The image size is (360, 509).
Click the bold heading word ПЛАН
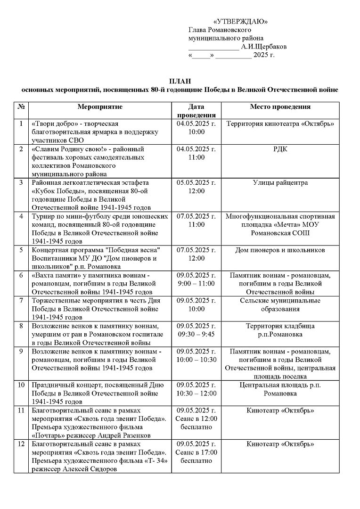click(x=180, y=81)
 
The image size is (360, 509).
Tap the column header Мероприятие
click(x=100, y=107)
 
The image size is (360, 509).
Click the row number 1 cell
click(x=21, y=124)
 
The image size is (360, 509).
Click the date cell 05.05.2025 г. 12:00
click(x=196, y=187)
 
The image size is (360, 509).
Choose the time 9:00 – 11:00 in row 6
click(x=196, y=284)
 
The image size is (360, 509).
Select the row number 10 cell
click(x=21, y=385)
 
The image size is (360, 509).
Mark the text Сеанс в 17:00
click(x=196, y=452)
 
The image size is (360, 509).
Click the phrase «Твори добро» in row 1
click(x=51, y=124)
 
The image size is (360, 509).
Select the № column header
click(x=21, y=107)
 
